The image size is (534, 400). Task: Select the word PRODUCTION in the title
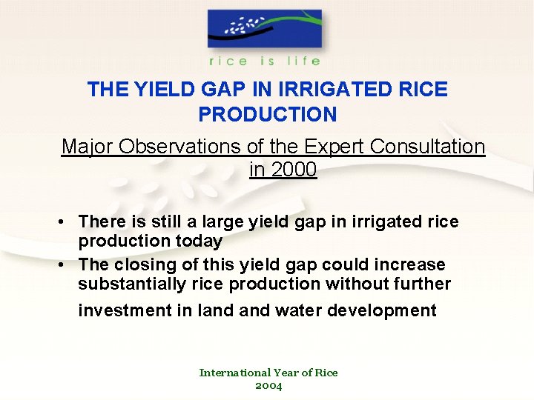[267, 115]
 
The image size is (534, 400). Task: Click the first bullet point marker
[67, 221]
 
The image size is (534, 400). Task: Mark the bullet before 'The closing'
[67, 264]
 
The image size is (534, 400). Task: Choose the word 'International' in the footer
[235, 373]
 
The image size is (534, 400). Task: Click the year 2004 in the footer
[268, 385]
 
